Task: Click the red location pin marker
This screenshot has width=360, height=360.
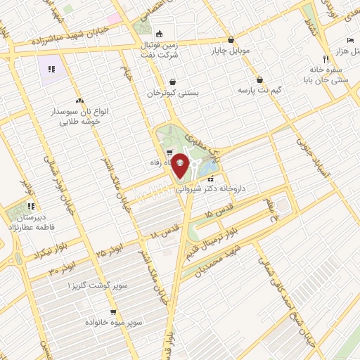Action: click(x=180, y=166)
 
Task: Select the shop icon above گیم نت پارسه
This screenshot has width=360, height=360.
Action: click(x=260, y=80)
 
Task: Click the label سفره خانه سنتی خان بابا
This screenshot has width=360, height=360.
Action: click(x=328, y=75)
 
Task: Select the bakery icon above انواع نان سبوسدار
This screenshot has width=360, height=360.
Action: click(x=79, y=101)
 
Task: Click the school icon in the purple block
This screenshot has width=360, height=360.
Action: click(x=51, y=69)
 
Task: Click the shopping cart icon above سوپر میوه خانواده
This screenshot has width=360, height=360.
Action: click(x=112, y=311)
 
